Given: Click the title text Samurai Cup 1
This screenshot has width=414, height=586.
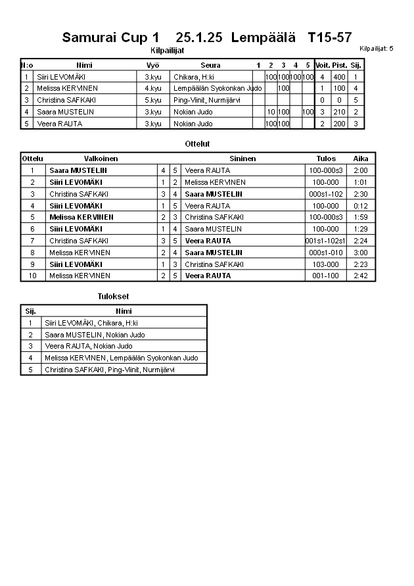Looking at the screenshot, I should coord(110,38).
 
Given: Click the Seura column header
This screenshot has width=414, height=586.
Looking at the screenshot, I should coord(210,65).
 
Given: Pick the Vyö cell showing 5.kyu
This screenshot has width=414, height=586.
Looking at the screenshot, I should coord(153,100).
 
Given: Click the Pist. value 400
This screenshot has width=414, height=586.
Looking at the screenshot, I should coord(339,77).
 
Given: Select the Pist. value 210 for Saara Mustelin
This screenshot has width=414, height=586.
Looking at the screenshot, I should coord(339,112).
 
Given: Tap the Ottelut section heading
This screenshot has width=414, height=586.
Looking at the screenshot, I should coord(198,143).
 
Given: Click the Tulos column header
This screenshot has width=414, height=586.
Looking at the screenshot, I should coord(326,159).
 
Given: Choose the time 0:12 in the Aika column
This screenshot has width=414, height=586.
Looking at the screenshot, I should coord(361,206).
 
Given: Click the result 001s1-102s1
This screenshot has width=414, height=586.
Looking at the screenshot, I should coord(325,241).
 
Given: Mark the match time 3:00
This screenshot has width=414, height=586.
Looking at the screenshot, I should coord(361,253).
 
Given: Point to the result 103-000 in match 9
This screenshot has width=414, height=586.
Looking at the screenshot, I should coord(325,264).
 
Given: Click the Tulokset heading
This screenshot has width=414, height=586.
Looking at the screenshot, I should coord(113,297).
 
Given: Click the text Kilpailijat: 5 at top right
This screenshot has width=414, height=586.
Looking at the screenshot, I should coord(376,49).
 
